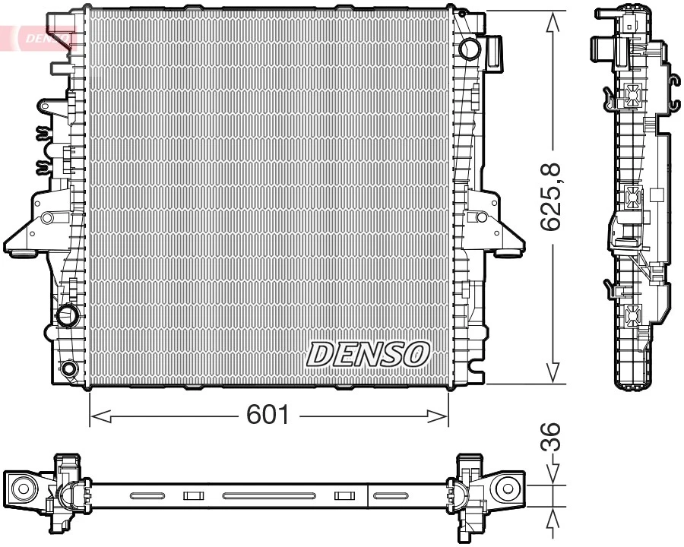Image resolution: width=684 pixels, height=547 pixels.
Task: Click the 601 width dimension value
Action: (268, 416)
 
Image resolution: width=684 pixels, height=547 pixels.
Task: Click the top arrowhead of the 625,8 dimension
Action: (553, 23)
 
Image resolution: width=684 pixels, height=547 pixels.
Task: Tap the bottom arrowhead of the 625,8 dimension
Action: (553, 372)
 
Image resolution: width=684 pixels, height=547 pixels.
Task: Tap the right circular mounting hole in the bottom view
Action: (505, 489)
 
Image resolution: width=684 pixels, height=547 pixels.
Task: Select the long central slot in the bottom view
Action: (269, 496)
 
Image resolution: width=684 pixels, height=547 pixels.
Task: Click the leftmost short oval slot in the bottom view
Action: (147, 496)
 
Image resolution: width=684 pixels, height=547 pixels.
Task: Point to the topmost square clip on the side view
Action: (632, 96)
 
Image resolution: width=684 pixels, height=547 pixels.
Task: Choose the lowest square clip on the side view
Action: (632, 313)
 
